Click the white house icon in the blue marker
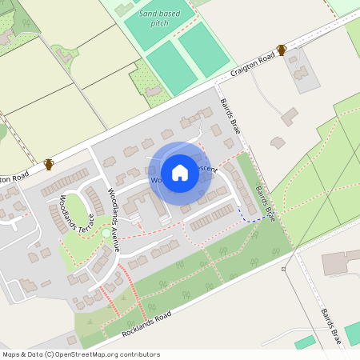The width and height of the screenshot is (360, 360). coord(180,172)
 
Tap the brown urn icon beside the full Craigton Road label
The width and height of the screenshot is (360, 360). coord(281,50)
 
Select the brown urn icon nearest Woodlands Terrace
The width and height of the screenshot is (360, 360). coord(49,164)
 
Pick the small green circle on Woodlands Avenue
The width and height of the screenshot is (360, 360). coord(106,233)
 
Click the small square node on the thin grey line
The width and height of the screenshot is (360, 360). coord(283,269)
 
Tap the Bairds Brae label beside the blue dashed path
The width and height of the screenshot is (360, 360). coord(266,204)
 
